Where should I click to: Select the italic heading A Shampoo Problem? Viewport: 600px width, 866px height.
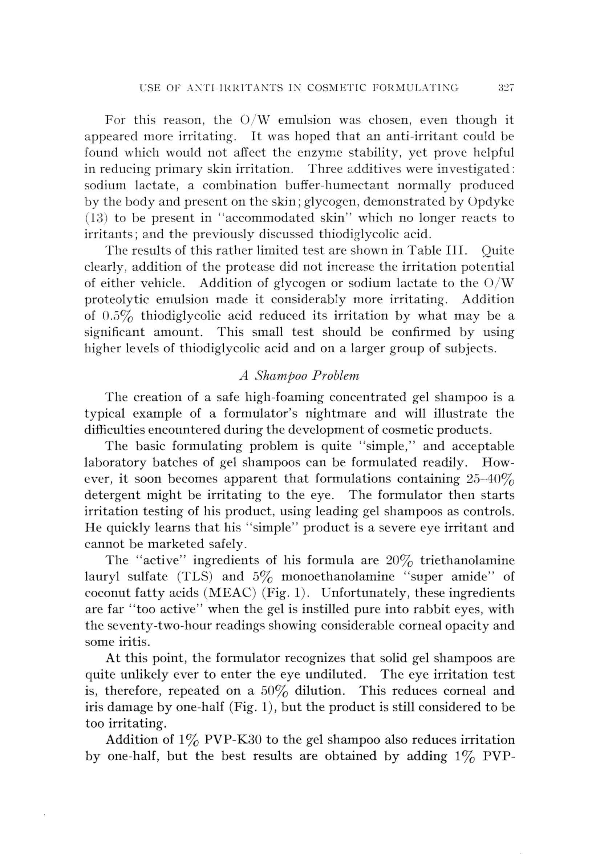(x=299, y=376)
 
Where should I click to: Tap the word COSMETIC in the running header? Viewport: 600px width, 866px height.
(x=337, y=88)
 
